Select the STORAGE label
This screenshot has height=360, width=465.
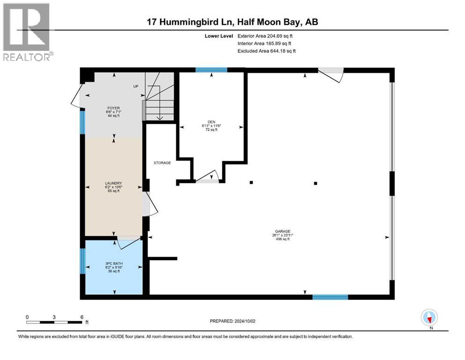click(x=162, y=163)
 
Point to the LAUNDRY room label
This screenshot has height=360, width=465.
click(x=113, y=183)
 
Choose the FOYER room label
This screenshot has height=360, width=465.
click(x=113, y=107)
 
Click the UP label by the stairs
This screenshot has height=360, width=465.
click(x=136, y=87)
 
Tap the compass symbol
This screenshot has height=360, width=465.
click(x=429, y=318)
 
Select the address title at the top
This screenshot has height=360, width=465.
click(x=232, y=22)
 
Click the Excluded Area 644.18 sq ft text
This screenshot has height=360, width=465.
click(x=266, y=51)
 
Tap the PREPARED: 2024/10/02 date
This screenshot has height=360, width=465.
click(x=233, y=321)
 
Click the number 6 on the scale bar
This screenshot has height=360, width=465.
click(x=81, y=317)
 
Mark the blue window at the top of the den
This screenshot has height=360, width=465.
click(x=211, y=70)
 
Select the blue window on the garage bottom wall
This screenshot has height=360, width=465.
click(x=330, y=297)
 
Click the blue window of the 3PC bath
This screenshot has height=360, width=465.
click(x=83, y=261)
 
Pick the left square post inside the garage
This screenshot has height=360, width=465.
click(x=251, y=182)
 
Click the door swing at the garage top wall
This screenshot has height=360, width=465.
click(x=332, y=75)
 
